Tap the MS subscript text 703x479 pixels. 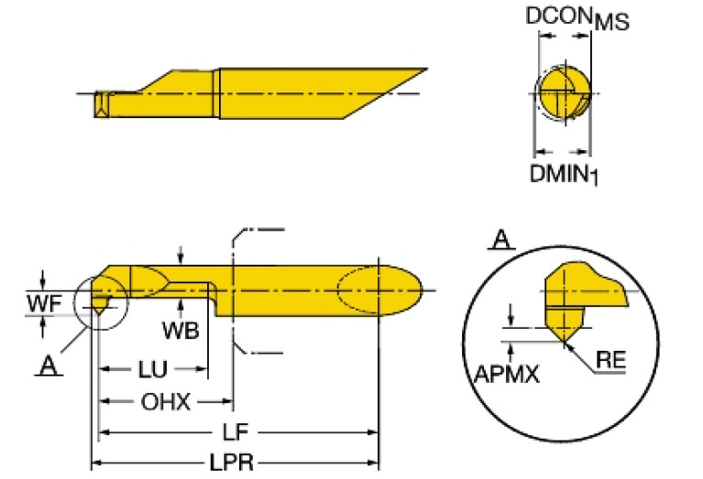pyautogui.click(x=611, y=25)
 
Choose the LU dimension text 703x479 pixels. pyautogui.click(x=152, y=370)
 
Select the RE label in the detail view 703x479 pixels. pyautogui.click(x=610, y=361)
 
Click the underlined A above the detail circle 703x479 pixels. pyautogui.click(x=501, y=240)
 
